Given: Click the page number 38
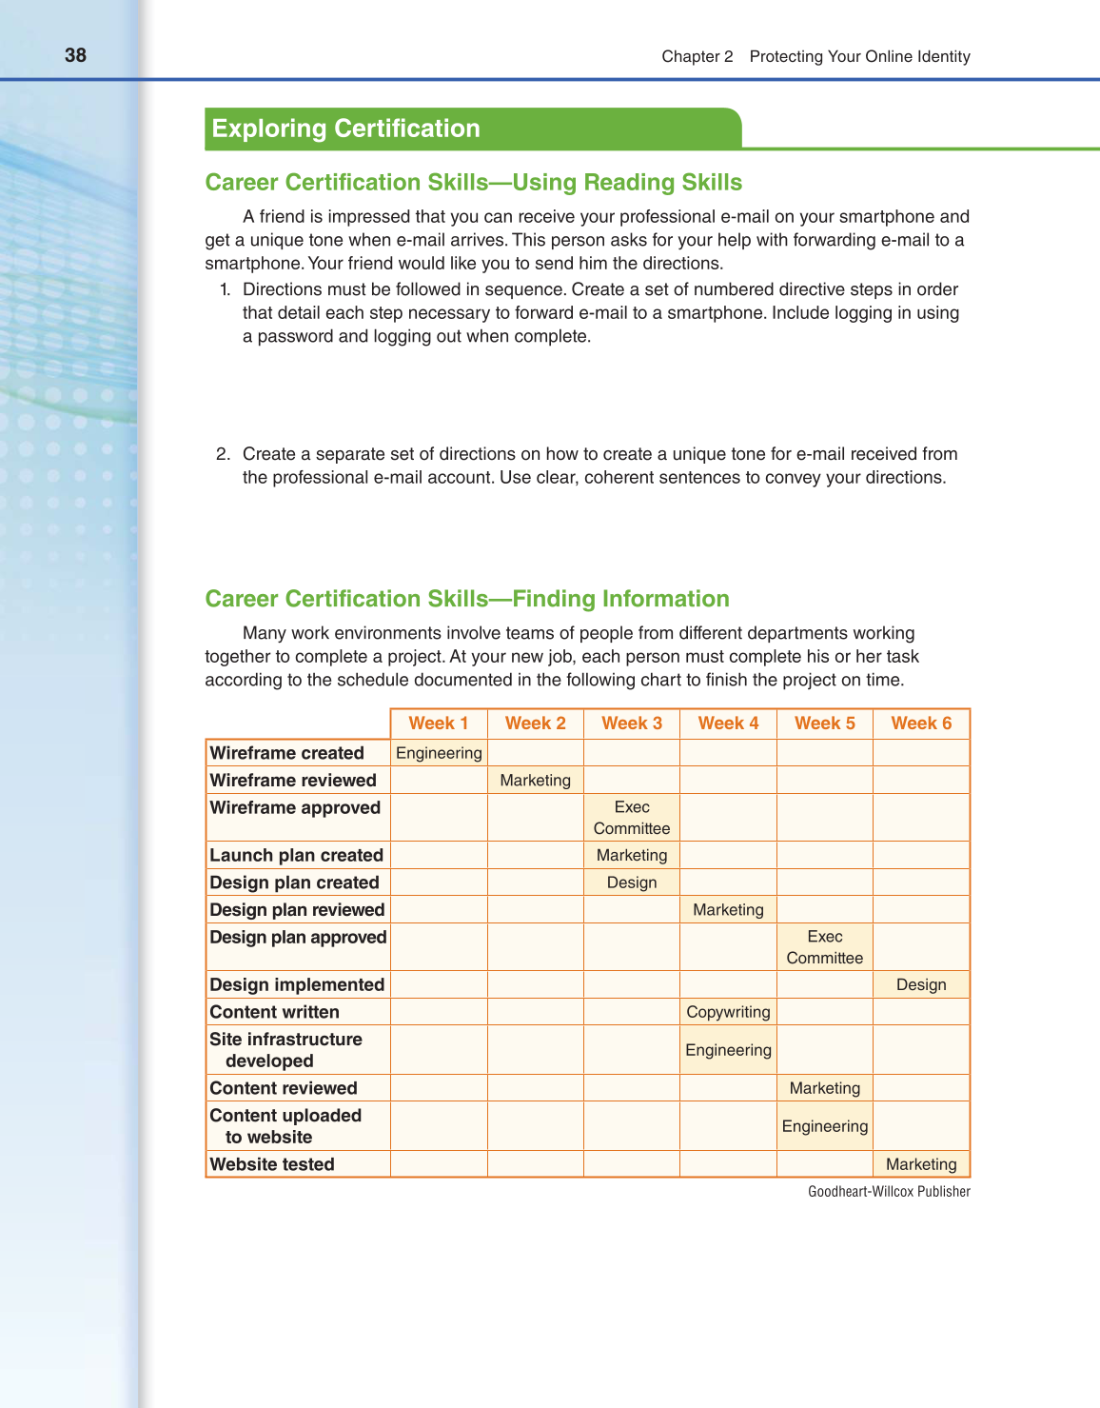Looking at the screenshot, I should (75, 55).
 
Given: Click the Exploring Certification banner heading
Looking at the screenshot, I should (345, 129).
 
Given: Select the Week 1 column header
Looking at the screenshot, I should (439, 724).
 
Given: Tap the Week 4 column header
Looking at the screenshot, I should (728, 724).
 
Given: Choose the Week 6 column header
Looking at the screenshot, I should (921, 724).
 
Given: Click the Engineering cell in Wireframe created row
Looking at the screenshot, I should (439, 753).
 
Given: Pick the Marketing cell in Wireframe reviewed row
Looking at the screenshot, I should (535, 781).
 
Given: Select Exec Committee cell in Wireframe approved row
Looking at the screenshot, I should (632, 818).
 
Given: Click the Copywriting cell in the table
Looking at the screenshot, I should (728, 1012).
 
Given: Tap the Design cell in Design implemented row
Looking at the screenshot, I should (921, 984).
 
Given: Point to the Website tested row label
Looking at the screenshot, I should (272, 1164).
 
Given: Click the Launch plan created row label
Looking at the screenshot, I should (296, 855).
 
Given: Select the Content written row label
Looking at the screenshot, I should (274, 1012).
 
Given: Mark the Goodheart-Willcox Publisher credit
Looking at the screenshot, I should (889, 1192).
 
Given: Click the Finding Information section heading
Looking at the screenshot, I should (467, 599).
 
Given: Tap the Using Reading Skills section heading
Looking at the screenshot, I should (473, 183).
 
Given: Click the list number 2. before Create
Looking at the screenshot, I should (223, 454).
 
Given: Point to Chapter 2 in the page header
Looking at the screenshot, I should (697, 56).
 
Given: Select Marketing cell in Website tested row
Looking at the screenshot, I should (921, 1164).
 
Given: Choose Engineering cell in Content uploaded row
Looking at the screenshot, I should (824, 1126).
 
